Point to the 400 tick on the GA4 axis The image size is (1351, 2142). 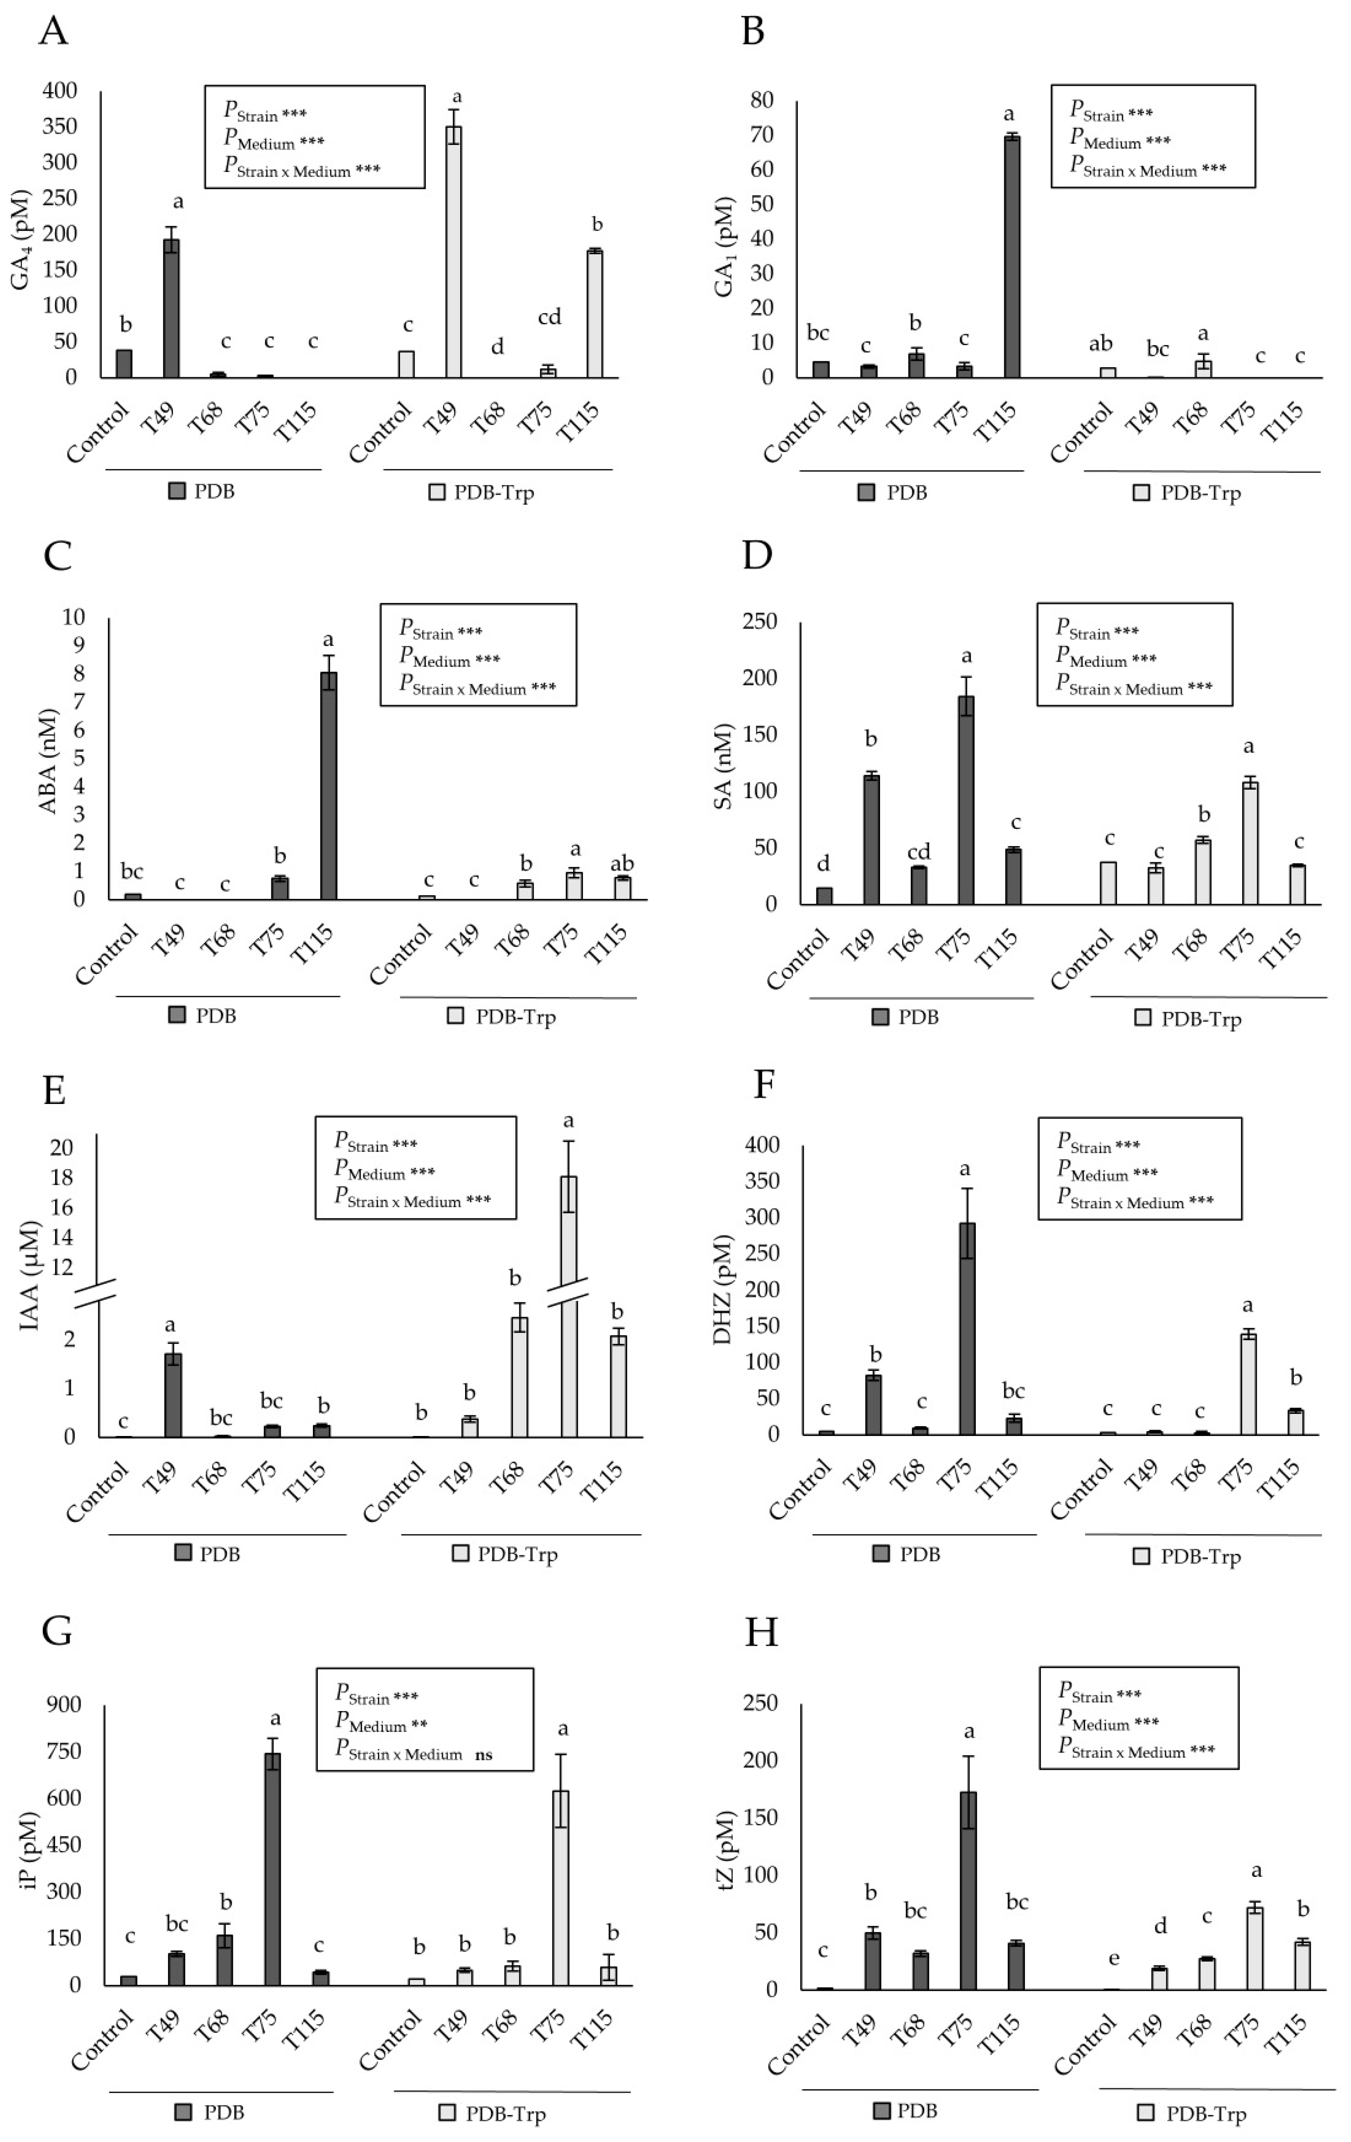click(60, 91)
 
